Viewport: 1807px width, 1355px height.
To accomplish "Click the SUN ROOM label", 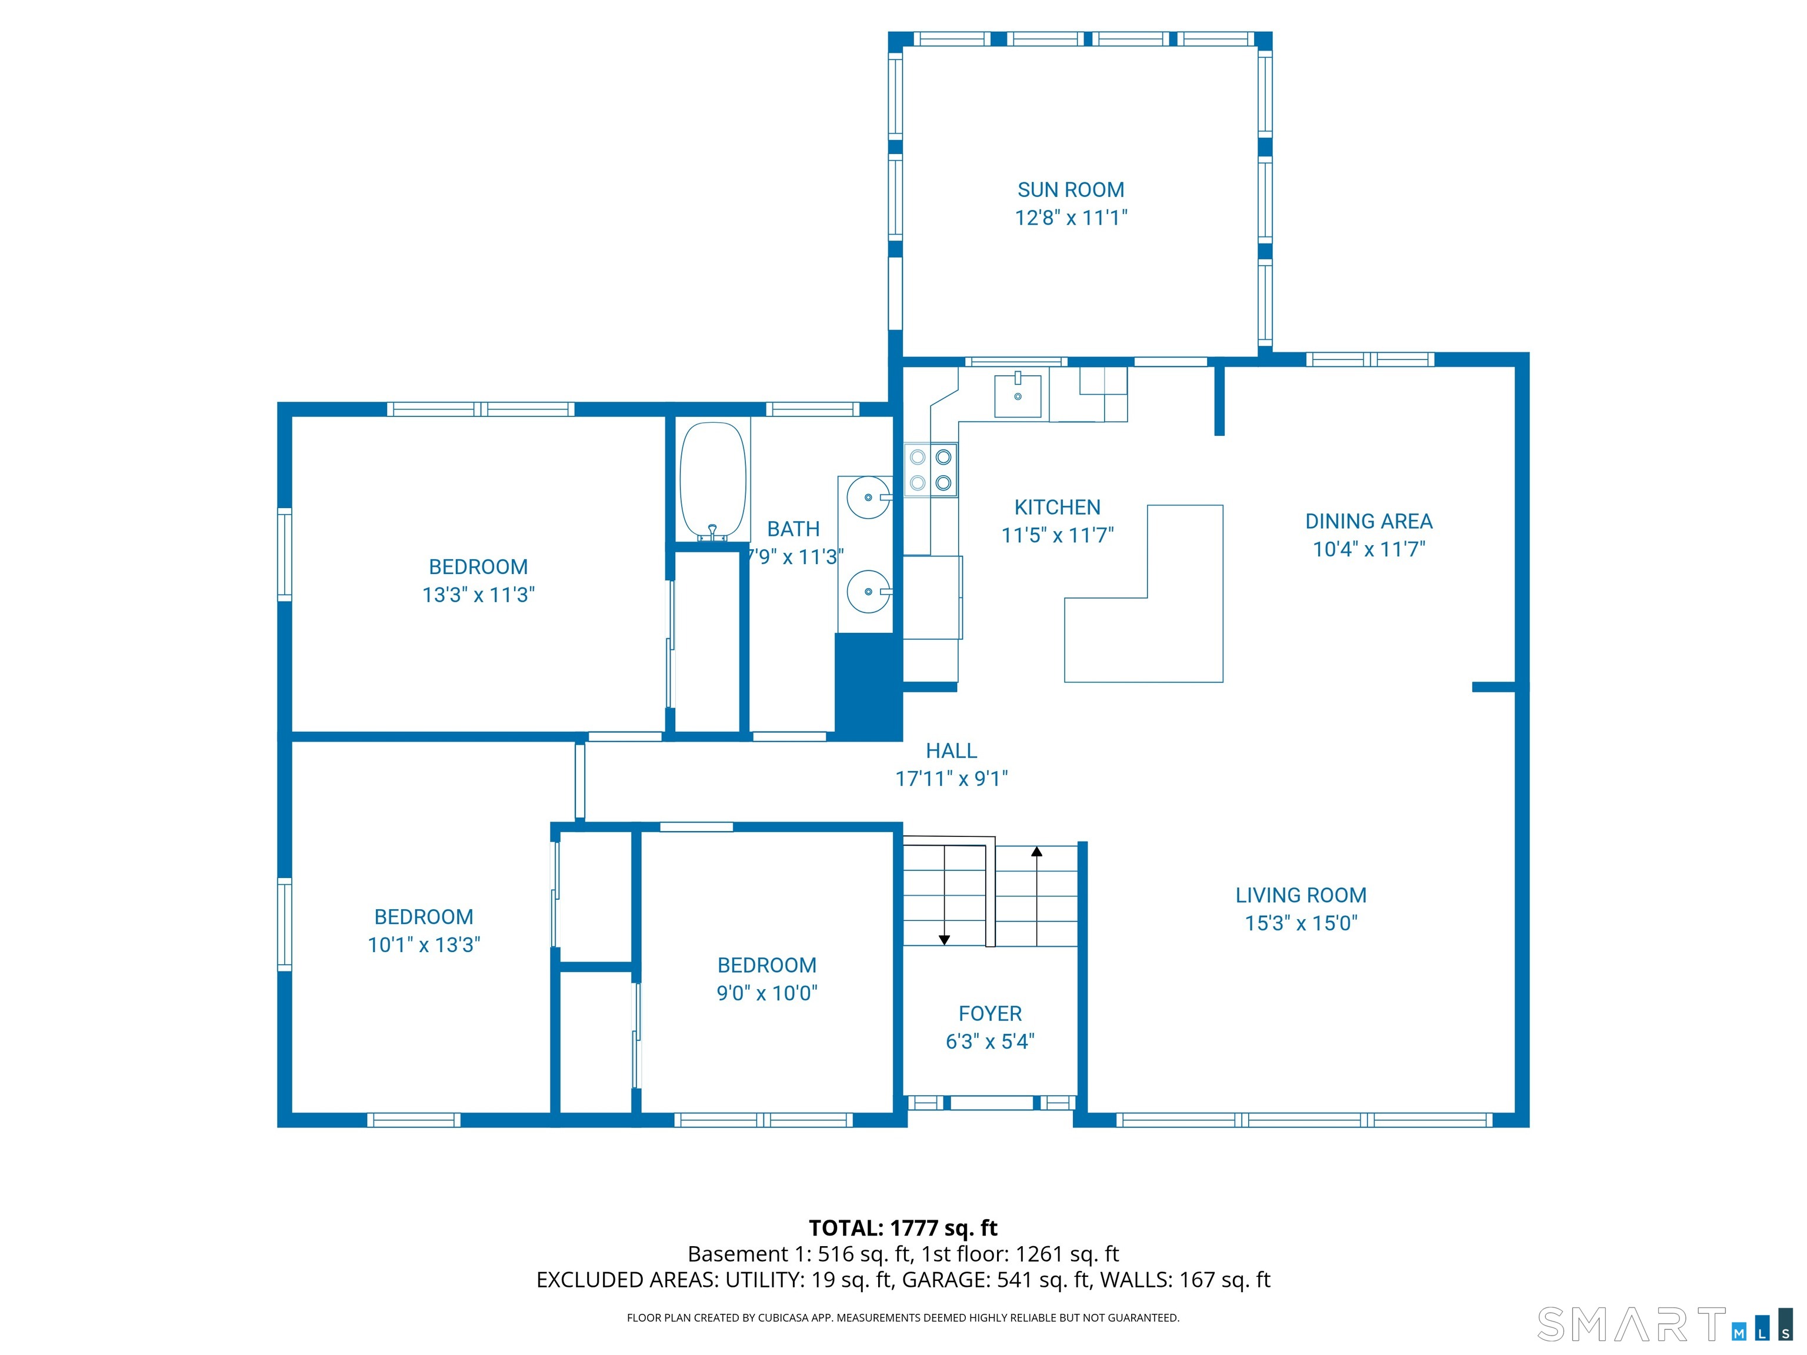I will (1070, 189).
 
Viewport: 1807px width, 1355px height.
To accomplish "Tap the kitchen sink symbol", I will (1017, 396).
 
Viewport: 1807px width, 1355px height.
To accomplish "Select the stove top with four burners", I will (931, 470).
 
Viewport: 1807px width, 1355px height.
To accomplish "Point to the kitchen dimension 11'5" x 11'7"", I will (1057, 535).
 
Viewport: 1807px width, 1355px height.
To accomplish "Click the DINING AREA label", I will (1368, 521).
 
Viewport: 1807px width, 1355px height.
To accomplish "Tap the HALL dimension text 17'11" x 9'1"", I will (951, 779).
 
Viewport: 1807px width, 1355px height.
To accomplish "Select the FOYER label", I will (990, 1013).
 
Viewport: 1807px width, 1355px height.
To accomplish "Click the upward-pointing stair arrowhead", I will (1036, 852).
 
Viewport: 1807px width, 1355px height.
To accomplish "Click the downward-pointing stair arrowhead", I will (944, 940).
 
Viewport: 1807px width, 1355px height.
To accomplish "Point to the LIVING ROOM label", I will (1301, 895).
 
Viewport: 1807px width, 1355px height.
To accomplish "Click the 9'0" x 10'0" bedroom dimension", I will (766, 993).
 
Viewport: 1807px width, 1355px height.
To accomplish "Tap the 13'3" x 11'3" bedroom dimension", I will (478, 595).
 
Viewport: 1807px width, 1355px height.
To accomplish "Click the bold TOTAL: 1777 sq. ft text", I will (903, 1227).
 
